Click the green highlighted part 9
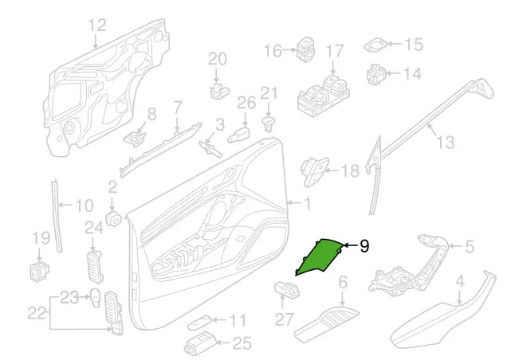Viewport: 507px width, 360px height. click(323, 256)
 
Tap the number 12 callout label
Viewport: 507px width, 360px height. click(96, 25)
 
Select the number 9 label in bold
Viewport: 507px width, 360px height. click(364, 247)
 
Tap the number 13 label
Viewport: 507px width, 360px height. click(445, 142)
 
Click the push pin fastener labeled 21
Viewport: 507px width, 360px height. click(269, 123)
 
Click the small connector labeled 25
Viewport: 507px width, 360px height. click(197, 346)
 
